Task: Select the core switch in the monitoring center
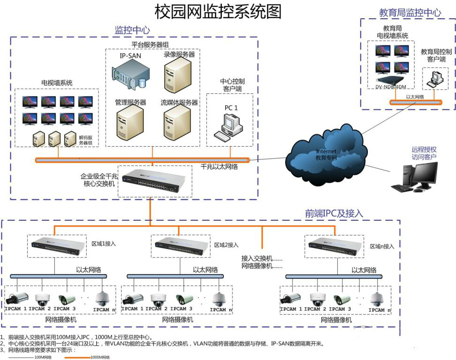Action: tap(154, 181)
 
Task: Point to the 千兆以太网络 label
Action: tap(219, 166)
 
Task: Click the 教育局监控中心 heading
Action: tap(410, 13)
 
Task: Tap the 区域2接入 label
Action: tap(227, 245)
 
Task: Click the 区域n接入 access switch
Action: tap(334, 245)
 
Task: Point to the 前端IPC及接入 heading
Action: tap(334, 214)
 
